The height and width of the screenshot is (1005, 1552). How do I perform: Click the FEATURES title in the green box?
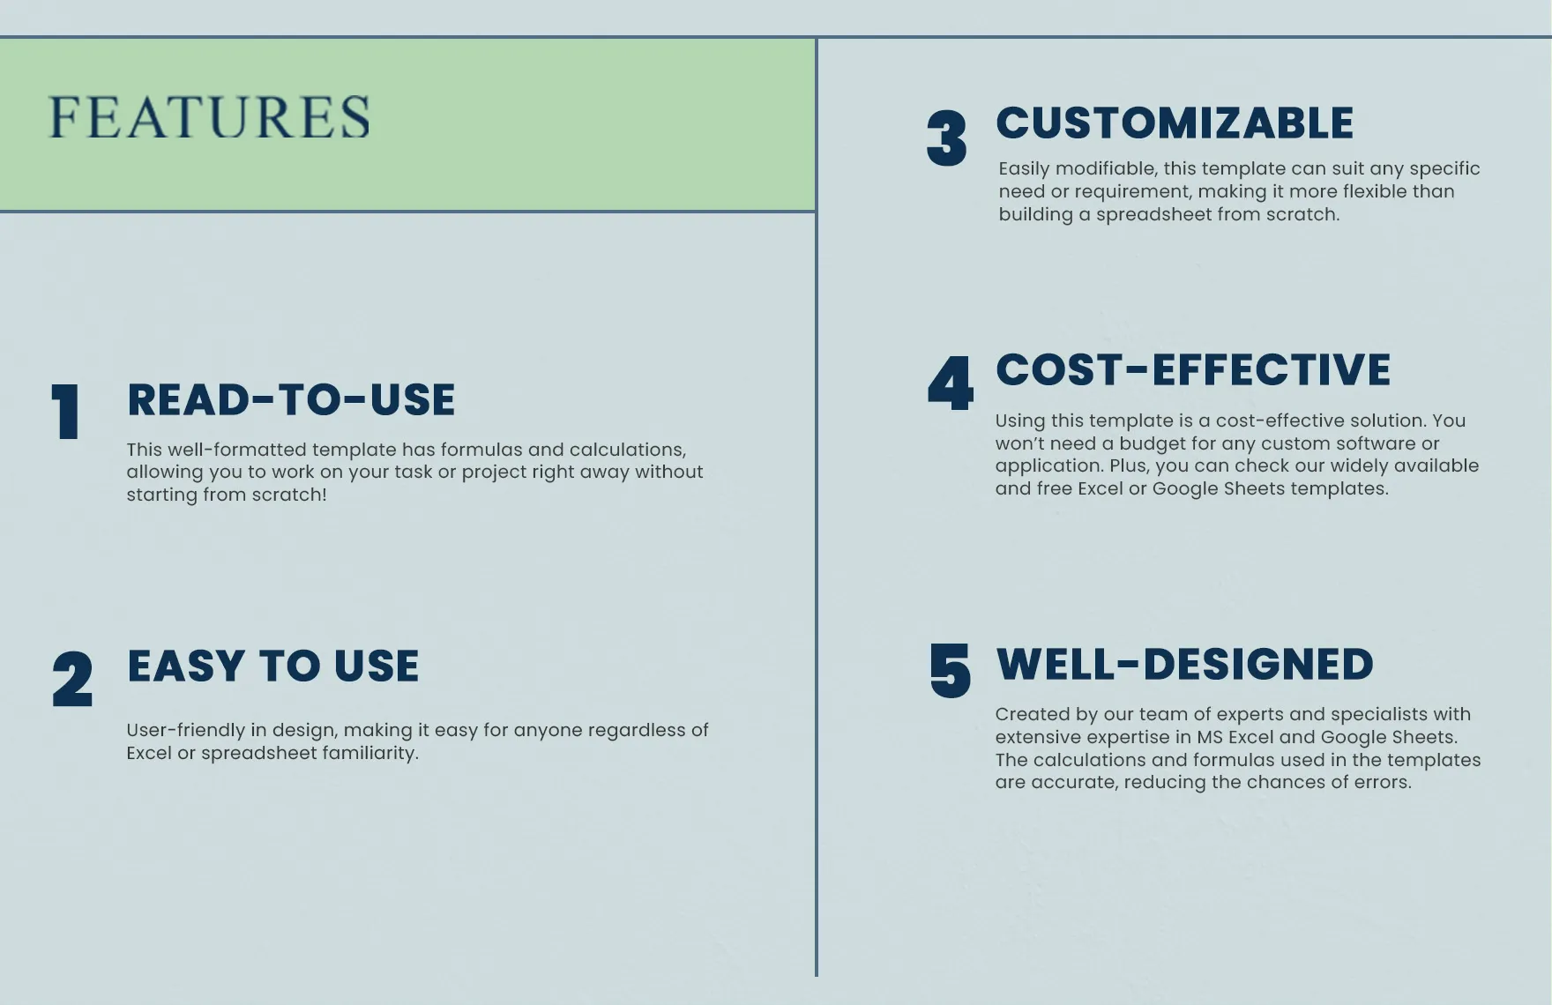click(209, 117)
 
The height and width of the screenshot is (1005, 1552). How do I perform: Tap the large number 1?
click(65, 412)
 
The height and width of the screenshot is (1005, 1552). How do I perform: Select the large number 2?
click(71, 679)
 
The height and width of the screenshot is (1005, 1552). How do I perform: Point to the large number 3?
click(946, 138)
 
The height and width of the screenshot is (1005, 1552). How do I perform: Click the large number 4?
click(951, 383)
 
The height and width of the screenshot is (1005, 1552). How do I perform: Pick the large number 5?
click(950, 670)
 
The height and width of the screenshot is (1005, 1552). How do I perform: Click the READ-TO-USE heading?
click(291, 400)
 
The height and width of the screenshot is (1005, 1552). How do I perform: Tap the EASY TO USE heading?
click(273, 666)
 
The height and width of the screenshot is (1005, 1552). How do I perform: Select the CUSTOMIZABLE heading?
click(1175, 123)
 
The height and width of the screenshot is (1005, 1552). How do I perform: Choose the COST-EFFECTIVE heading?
click(1193, 369)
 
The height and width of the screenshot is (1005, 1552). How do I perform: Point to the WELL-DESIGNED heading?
click(1184, 664)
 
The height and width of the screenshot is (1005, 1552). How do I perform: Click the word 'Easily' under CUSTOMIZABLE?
click(1025, 169)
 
